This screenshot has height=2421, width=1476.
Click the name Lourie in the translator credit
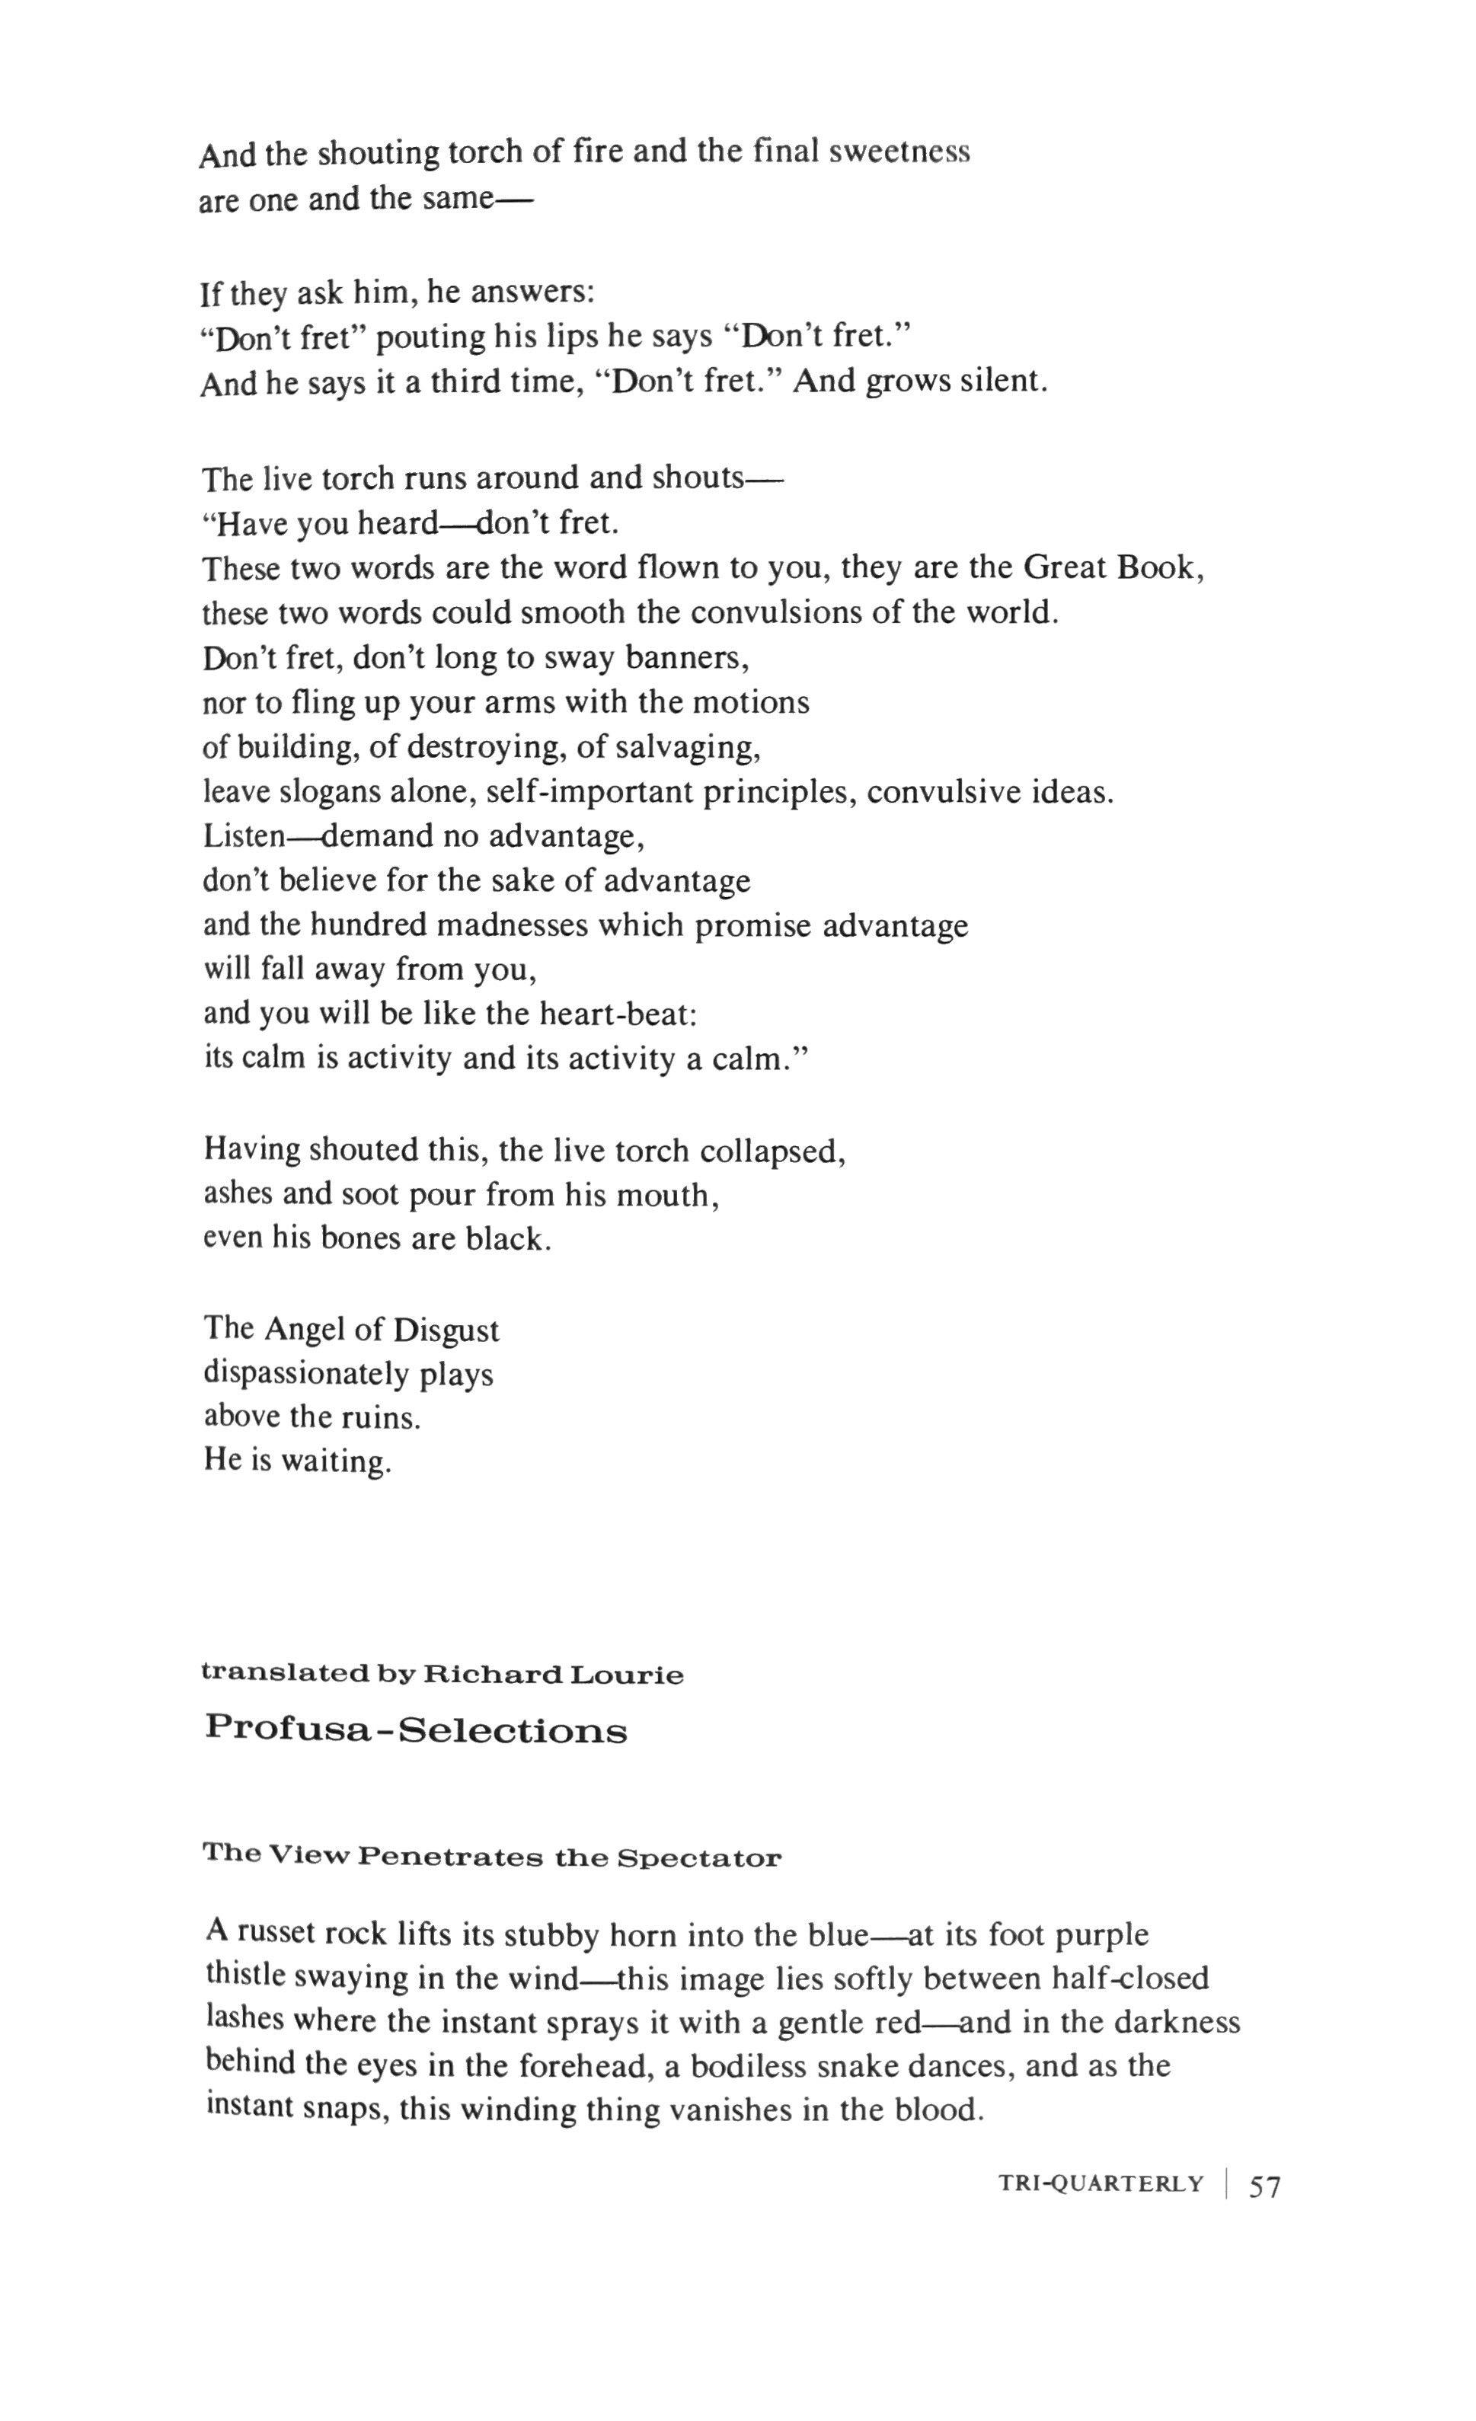[626, 1674]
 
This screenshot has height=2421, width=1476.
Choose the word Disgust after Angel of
[446, 1330]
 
